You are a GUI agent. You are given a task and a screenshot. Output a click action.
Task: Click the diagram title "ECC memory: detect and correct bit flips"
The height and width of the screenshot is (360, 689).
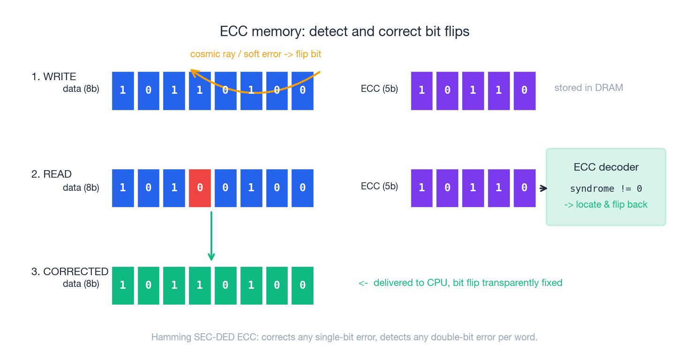click(344, 31)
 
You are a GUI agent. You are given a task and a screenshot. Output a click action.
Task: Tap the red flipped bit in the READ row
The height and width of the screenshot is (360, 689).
click(200, 188)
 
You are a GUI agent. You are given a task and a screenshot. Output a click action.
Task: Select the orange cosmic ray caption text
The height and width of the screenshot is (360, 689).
click(255, 54)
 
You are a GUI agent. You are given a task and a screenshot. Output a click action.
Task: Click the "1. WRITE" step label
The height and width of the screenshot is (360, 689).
click(53, 76)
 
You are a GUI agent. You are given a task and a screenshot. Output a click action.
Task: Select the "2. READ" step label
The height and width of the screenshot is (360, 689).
click(51, 174)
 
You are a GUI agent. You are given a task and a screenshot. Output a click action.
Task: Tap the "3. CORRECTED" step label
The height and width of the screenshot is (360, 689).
click(69, 271)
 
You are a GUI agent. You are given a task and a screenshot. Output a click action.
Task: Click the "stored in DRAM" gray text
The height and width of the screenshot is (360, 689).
click(589, 88)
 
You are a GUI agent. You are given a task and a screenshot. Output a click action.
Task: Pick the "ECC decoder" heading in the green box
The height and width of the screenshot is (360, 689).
click(606, 167)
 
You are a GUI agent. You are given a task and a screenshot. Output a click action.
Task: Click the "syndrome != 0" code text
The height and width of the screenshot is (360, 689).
click(606, 188)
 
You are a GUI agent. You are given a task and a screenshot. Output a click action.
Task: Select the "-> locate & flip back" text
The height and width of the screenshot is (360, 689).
click(606, 204)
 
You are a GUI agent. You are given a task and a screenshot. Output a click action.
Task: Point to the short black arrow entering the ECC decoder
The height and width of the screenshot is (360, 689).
click(543, 188)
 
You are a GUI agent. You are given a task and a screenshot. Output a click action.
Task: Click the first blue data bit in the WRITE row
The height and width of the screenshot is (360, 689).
click(123, 90)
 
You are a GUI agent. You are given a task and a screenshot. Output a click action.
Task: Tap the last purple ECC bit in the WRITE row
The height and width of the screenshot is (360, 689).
click(524, 90)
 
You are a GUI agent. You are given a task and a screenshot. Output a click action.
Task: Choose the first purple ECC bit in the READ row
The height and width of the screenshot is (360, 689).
click(422, 188)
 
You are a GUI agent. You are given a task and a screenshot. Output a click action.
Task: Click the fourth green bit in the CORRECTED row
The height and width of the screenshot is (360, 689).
click(200, 285)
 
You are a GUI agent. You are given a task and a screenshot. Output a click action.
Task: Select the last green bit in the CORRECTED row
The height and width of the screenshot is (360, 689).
click(302, 285)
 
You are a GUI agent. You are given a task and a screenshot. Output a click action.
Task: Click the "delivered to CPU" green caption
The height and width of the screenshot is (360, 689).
click(460, 283)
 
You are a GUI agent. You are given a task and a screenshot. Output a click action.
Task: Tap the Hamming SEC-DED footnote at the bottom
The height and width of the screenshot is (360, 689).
click(344, 337)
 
